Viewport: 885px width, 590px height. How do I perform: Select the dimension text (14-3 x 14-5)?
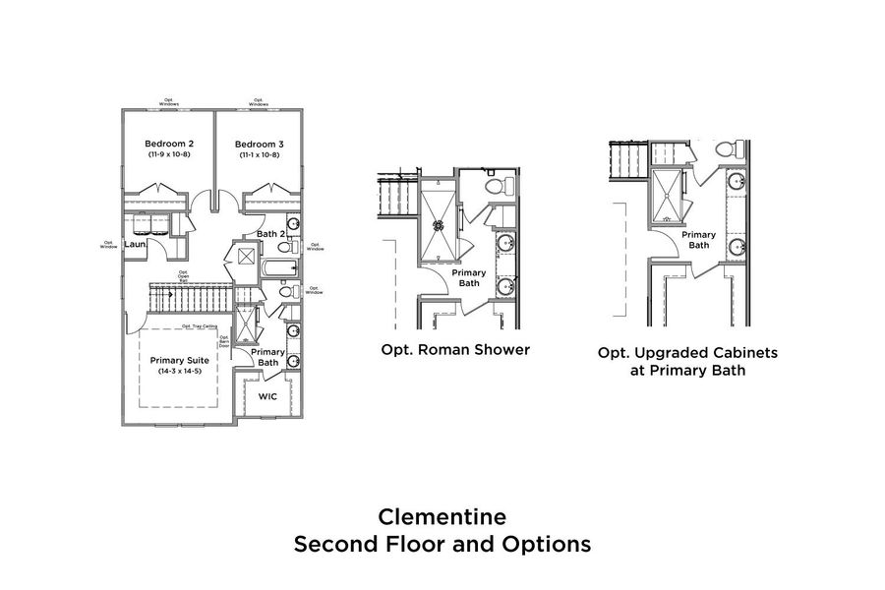click(x=181, y=371)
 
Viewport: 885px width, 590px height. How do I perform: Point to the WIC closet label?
click(x=267, y=397)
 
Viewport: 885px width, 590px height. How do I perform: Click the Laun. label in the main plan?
click(x=135, y=244)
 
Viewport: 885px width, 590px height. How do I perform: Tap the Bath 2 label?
click(x=270, y=233)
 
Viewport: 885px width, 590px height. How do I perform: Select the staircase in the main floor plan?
click(x=193, y=294)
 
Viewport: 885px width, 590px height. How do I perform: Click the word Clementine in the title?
click(x=442, y=517)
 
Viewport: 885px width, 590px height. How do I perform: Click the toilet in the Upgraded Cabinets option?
click(x=729, y=148)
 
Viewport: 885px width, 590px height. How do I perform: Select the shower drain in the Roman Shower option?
click(x=439, y=225)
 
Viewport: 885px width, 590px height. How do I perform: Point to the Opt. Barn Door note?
click(x=224, y=343)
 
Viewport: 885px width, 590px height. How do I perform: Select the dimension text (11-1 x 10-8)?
click(x=259, y=155)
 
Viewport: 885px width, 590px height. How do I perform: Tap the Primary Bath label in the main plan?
click(x=266, y=357)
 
